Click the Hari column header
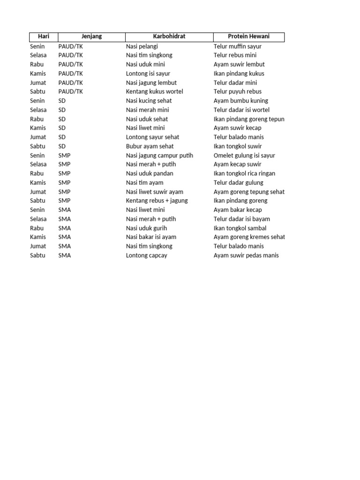[x=44, y=37]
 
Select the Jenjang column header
[x=91, y=37]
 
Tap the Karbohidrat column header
[x=169, y=37]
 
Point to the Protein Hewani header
[x=248, y=37]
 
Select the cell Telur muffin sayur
[x=238, y=46]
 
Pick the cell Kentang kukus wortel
[x=155, y=91]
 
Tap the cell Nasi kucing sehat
[x=149, y=101]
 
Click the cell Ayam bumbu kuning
[x=241, y=101]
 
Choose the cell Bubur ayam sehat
[x=150, y=146]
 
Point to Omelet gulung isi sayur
[x=244, y=155]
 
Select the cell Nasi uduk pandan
[x=150, y=173]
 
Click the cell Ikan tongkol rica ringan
[x=244, y=173]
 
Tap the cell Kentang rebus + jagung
[x=157, y=201]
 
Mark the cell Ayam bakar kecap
[x=238, y=210]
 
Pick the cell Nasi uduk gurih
[x=147, y=228]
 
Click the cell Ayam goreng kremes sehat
[x=249, y=237]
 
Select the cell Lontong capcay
[x=147, y=255]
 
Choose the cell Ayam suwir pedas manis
[x=246, y=255]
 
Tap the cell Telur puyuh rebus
[x=238, y=91]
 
